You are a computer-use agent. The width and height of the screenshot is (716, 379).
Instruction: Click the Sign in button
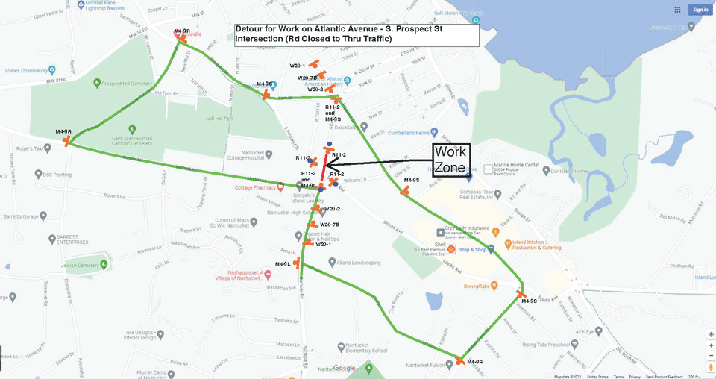[x=700, y=10]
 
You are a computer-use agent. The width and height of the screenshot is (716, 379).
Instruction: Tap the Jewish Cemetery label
[x=54, y=265]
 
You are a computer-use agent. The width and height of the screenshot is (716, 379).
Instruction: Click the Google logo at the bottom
[x=344, y=368]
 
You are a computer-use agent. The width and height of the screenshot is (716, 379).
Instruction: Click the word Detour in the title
[x=250, y=29]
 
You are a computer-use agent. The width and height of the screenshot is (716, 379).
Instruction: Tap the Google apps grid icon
[x=677, y=10]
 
